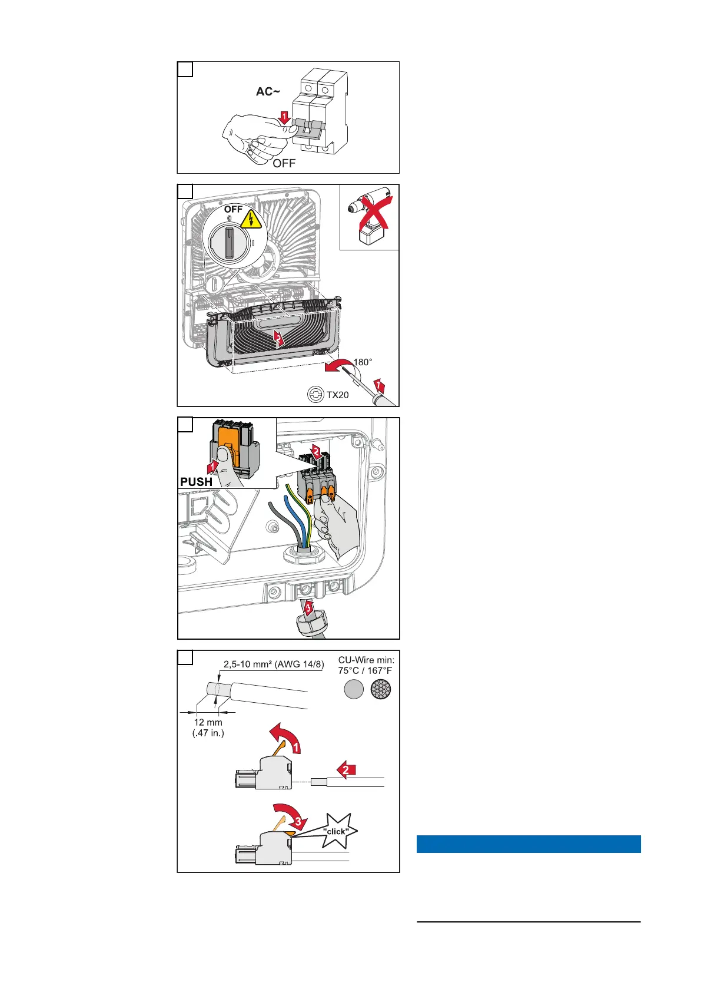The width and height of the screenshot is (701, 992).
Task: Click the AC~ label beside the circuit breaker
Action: pyautogui.click(x=268, y=92)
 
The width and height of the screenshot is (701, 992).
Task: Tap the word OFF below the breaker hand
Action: pyautogui.click(x=284, y=163)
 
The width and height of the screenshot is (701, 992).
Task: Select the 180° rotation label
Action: pyautogui.click(x=363, y=362)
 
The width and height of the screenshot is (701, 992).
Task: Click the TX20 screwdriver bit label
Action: pyautogui.click(x=337, y=395)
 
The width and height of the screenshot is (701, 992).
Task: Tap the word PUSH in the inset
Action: pyautogui.click(x=197, y=481)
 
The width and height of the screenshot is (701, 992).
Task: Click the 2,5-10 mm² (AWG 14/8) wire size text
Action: pyautogui.click(x=273, y=664)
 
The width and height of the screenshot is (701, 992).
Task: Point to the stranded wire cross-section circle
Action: pyautogui.click(x=381, y=690)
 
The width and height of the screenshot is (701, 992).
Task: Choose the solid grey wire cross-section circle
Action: pyautogui.click(x=354, y=690)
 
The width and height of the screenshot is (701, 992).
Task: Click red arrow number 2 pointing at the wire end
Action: pyautogui.click(x=346, y=769)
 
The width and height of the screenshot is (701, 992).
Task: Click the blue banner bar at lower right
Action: pyautogui.click(x=528, y=844)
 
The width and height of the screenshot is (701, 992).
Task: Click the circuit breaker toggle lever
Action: pyautogui.click(x=308, y=126)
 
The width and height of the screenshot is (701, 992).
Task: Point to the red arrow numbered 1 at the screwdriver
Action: pyautogui.click(x=380, y=387)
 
